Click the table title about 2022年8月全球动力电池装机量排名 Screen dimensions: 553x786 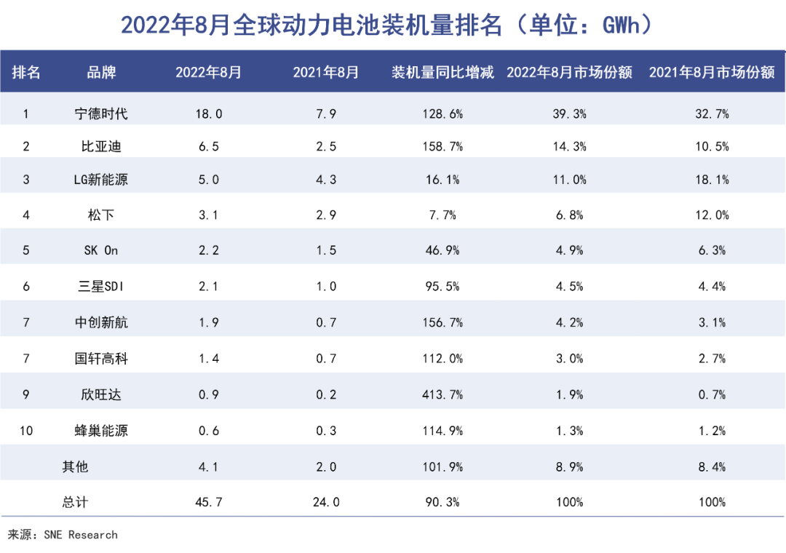[x=392, y=25]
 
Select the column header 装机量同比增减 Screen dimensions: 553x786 [x=442, y=72]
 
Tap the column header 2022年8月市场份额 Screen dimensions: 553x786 [x=569, y=72]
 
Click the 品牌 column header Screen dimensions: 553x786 [x=101, y=72]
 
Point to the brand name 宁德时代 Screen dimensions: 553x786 [x=101, y=114]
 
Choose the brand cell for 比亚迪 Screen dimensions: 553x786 [x=101, y=146]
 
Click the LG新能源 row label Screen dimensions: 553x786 [x=101, y=179]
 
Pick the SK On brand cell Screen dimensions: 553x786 [x=101, y=250]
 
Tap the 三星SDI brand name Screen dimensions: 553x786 [x=101, y=286]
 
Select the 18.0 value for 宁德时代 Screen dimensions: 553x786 [x=208, y=114]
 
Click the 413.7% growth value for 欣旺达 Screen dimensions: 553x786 [x=442, y=394]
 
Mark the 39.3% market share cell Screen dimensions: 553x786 [x=570, y=114]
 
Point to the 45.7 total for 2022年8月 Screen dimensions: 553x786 [x=208, y=502]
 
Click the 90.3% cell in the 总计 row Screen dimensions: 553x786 [x=442, y=502]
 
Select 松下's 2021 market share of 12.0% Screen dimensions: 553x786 [x=712, y=215]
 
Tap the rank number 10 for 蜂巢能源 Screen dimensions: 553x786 [x=26, y=431]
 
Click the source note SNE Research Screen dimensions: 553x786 [x=63, y=535]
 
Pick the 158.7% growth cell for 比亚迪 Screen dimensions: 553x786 [x=442, y=146]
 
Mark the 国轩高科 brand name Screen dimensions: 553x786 [x=101, y=358]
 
